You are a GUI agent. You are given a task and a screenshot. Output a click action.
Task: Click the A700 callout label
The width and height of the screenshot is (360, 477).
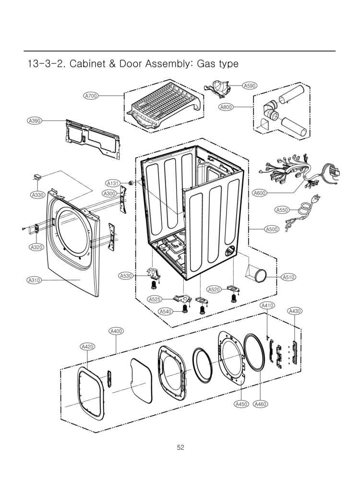[x=91, y=96]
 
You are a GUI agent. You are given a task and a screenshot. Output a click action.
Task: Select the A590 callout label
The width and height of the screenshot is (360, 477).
[x=250, y=86]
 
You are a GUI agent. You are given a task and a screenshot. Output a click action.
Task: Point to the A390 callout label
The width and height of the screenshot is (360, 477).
[x=34, y=121]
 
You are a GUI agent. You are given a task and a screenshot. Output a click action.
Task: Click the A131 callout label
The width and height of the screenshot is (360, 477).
[x=112, y=183]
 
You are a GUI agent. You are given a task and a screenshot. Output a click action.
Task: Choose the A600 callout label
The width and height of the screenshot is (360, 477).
[x=260, y=193]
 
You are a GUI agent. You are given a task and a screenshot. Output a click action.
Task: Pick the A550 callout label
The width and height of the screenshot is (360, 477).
[x=282, y=210]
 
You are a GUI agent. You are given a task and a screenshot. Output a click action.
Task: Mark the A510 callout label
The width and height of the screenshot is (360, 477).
[x=288, y=277]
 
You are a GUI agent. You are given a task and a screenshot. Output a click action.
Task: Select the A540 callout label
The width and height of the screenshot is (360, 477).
[x=165, y=312]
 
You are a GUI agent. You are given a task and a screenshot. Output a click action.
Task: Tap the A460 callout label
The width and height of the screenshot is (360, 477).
[x=260, y=404]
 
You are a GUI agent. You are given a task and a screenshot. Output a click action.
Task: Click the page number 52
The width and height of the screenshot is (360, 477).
[x=180, y=447]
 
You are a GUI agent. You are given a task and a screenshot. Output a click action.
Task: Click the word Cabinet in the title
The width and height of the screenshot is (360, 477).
[x=87, y=63]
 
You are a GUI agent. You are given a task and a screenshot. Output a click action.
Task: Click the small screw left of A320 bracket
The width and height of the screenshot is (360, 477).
[x=24, y=228]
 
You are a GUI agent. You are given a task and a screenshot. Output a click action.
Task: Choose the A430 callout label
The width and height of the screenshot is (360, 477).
[x=295, y=311]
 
